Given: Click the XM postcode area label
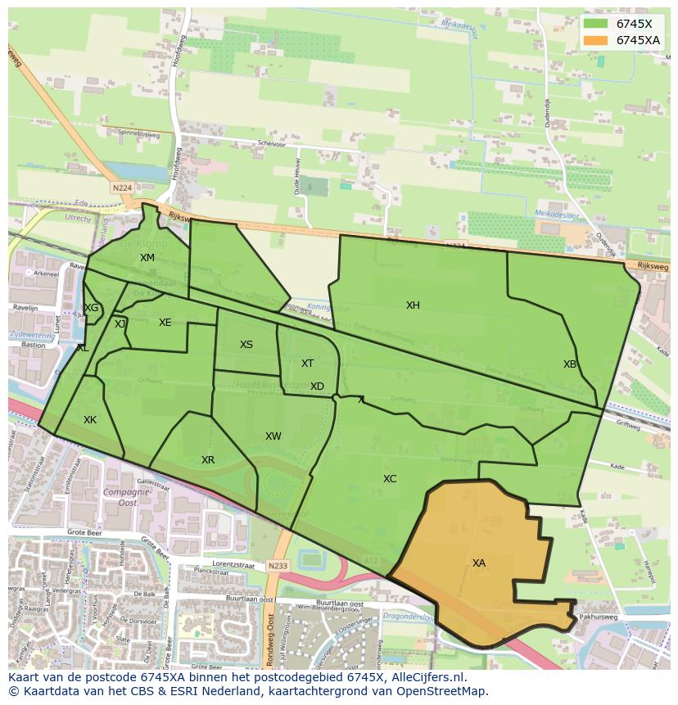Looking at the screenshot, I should (x=147, y=258).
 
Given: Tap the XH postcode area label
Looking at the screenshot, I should (x=413, y=305).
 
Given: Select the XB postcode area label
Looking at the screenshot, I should (x=570, y=364).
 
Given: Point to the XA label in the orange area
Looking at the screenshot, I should (x=479, y=563).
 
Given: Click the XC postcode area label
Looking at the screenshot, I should (x=390, y=479).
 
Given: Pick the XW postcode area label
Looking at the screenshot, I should (x=273, y=436).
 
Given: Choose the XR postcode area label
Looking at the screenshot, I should (x=208, y=460).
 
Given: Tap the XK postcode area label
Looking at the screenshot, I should (x=90, y=420).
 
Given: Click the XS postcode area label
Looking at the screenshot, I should (x=246, y=345).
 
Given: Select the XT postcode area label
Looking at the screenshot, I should (x=307, y=364).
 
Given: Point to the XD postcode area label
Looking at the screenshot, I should (x=317, y=386).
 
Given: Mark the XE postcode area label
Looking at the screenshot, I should (x=165, y=323).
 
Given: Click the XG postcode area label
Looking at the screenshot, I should (x=91, y=308).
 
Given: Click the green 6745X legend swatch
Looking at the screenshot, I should (x=595, y=24).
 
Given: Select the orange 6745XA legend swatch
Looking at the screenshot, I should (x=595, y=40).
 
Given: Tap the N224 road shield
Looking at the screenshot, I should (x=121, y=188).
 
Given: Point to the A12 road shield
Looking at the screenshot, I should (x=371, y=561).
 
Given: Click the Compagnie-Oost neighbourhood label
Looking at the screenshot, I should (x=120, y=498).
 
